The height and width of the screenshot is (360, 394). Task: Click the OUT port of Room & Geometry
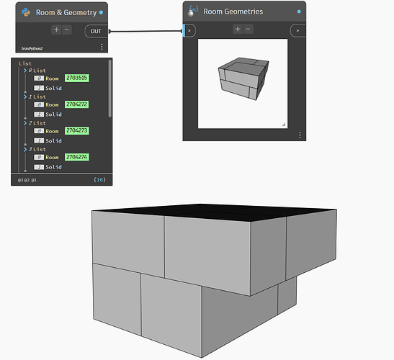pos(97,31)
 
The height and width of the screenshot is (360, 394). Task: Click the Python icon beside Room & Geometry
pos(26,12)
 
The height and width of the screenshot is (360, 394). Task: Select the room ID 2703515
pos(77,78)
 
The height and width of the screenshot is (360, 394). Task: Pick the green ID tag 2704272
pos(77,104)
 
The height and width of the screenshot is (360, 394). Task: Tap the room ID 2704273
pos(77,130)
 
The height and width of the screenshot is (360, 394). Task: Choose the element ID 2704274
pos(77,157)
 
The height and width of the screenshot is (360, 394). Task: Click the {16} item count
pos(99,179)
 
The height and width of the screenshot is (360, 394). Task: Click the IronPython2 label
pos(32,48)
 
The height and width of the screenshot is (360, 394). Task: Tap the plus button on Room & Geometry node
pos(56,30)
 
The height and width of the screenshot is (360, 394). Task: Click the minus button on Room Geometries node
pos(248,29)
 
